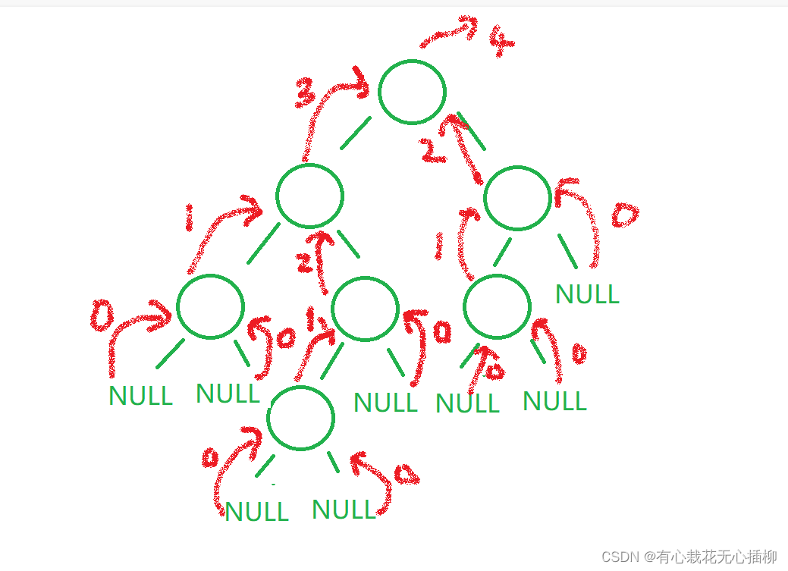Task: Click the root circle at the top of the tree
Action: [412, 92]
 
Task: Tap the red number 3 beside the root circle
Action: [306, 93]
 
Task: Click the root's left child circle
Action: [309, 196]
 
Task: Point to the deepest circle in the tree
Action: [300, 417]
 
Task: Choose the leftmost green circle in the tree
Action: [210, 306]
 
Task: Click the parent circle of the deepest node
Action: [365, 308]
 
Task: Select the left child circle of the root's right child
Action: [497, 306]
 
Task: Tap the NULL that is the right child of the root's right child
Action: [587, 294]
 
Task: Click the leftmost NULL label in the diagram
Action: [140, 395]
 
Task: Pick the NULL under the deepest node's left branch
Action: [256, 512]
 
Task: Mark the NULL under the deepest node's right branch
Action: [344, 510]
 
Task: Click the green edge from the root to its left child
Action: [355, 133]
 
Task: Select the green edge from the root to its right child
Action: [471, 131]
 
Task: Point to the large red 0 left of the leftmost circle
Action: [102, 316]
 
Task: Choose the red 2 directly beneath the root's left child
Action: [305, 262]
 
